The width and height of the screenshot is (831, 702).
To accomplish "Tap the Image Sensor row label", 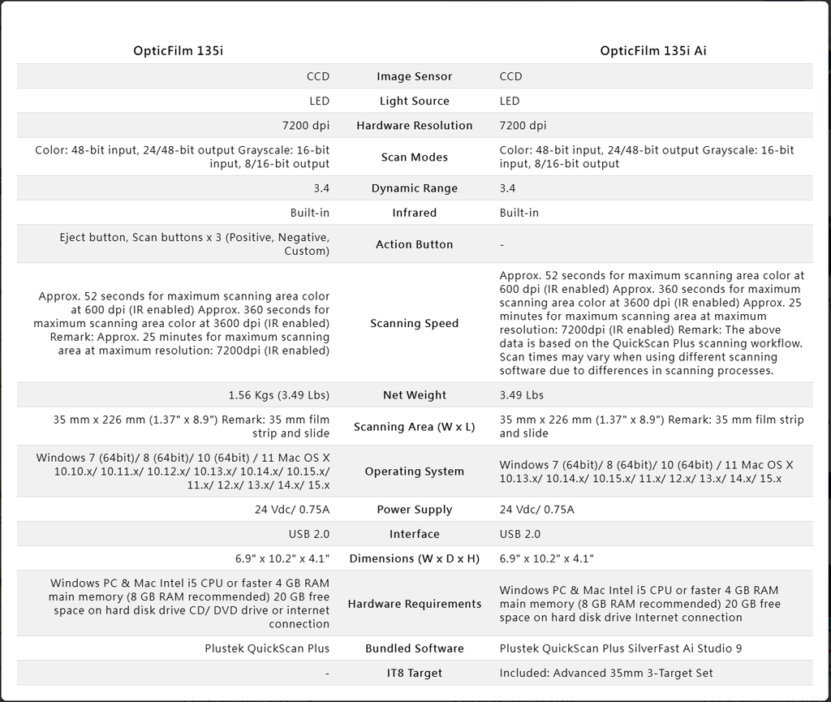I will (414, 76).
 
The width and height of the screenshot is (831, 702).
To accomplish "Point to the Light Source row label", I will (414, 101).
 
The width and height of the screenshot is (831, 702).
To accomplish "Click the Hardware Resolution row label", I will (414, 125).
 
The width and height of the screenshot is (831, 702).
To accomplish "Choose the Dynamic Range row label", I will (414, 188).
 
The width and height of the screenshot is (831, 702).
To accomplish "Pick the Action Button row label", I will (414, 244).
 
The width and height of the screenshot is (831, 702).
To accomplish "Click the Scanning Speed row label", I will (414, 323).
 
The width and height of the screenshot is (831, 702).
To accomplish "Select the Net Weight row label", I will (414, 395).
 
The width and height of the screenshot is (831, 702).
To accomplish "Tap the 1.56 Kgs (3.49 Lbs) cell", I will (278, 395).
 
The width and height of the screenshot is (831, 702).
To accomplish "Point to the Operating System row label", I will (414, 472).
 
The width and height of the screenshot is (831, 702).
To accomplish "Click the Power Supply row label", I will (414, 510).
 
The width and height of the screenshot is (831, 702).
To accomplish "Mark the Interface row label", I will (414, 534).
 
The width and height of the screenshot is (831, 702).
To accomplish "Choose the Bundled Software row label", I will (414, 648).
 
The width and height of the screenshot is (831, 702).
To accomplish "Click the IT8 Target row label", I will (414, 673).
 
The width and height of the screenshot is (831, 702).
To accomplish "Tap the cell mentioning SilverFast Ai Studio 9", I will (621, 648).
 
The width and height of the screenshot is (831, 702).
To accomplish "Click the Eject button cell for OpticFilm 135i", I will (194, 244).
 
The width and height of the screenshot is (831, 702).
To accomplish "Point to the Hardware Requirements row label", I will (414, 604).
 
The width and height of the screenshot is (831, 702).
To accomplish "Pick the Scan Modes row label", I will (414, 157).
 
